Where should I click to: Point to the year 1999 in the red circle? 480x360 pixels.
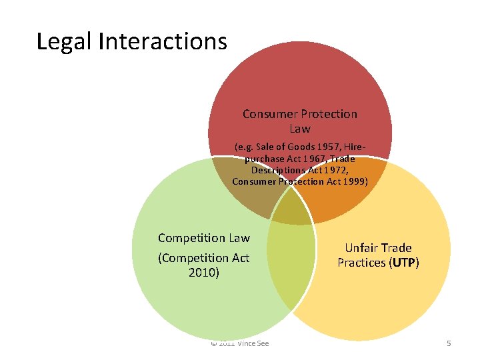coord(354,182)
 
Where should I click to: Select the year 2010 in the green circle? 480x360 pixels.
coord(203,272)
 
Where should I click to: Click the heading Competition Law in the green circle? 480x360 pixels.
coord(203,238)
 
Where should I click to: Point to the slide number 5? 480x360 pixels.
coord(449,343)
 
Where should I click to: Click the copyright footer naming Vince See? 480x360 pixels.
coord(240,343)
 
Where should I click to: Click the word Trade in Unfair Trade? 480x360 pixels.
coord(397,248)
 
